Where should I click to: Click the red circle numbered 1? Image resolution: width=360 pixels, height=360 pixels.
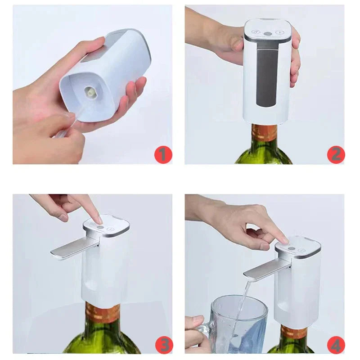(x=163, y=155)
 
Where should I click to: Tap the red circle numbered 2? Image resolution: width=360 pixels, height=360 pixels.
(x=336, y=155)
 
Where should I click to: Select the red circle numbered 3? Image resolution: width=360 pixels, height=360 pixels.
(x=163, y=345)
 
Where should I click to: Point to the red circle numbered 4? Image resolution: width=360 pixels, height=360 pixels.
(x=336, y=345)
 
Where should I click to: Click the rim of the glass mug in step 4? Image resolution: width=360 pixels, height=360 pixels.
(x=238, y=299)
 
